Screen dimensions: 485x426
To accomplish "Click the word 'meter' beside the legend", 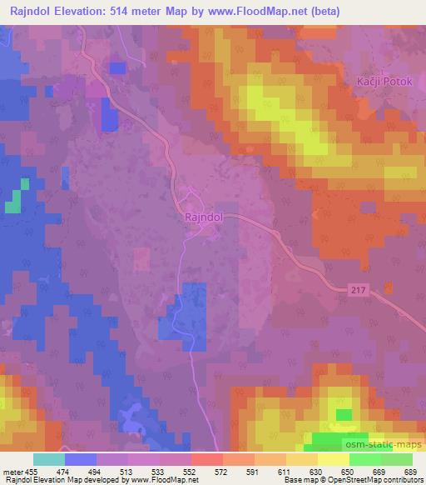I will (x=13, y=471).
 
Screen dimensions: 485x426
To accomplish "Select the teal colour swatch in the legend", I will (x=49, y=459).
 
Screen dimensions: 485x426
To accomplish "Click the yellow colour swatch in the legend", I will (x=333, y=459).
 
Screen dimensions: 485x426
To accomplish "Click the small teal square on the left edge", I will (x=13, y=202).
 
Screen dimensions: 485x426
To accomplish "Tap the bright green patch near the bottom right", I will (x=343, y=414).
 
